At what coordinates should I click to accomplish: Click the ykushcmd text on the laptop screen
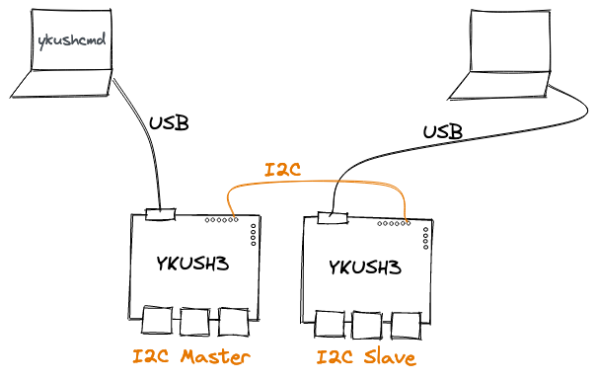click(x=71, y=41)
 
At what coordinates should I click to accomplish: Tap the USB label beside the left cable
click(x=169, y=124)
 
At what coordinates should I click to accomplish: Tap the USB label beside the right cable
click(x=444, y=130)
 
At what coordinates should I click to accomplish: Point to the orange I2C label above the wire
click(x=284, y=170)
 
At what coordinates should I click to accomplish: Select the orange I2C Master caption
click(x=192, y=356)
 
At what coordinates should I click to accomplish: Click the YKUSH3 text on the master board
click(x=195, y=264)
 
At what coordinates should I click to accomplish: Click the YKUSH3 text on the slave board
click(x=366, y=267)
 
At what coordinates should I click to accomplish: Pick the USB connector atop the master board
click(x=160, y=214)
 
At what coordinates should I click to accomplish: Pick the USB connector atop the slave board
click(x=333, y=217)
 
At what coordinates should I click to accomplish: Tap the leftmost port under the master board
click(x=158, y=322)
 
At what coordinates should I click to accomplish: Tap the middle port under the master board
click(x=195, y=322)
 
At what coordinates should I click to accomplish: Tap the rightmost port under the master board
click(x=233, y=322)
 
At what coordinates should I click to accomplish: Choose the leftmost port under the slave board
click(x=330, y=326)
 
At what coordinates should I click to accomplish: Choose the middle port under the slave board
click(x=367, y=326)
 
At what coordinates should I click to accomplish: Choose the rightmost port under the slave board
click(x=405, y=326)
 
